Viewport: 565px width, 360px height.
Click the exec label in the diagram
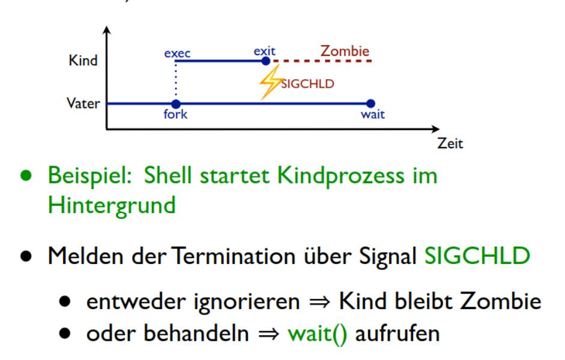coord(177,53)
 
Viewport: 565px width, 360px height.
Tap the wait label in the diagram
coord(372,115)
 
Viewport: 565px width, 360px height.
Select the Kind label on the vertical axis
coord(83,61)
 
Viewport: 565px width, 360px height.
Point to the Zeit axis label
coord(450,144)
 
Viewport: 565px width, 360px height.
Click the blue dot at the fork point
coord(176,103)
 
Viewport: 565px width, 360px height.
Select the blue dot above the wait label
coord(370,103)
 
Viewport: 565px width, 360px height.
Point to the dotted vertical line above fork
coord(176,82)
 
